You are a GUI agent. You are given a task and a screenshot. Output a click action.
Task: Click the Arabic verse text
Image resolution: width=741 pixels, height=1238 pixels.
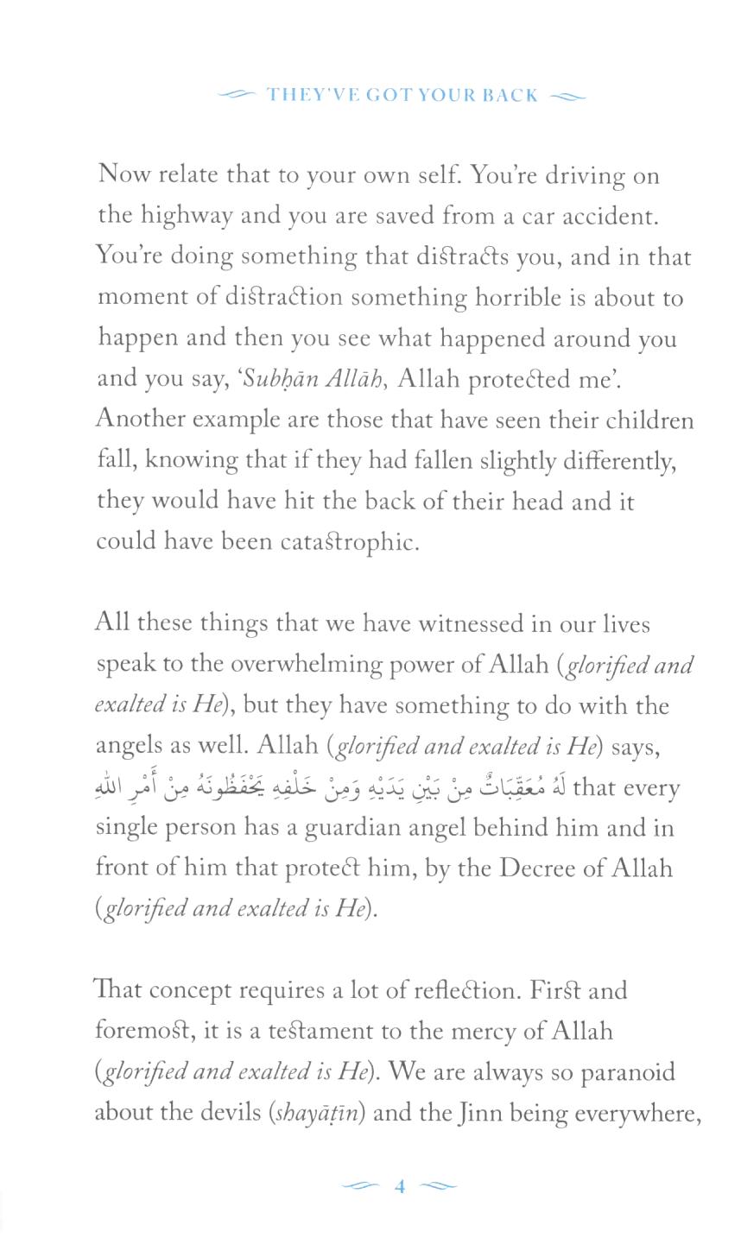(330, 786)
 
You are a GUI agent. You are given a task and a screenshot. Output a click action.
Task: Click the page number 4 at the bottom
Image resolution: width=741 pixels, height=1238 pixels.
(400, 1187)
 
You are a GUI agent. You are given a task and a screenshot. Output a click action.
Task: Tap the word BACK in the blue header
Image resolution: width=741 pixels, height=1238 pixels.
(511, 95)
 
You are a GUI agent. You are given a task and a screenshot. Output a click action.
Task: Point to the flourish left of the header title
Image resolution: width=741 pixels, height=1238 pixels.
(236, 95)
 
